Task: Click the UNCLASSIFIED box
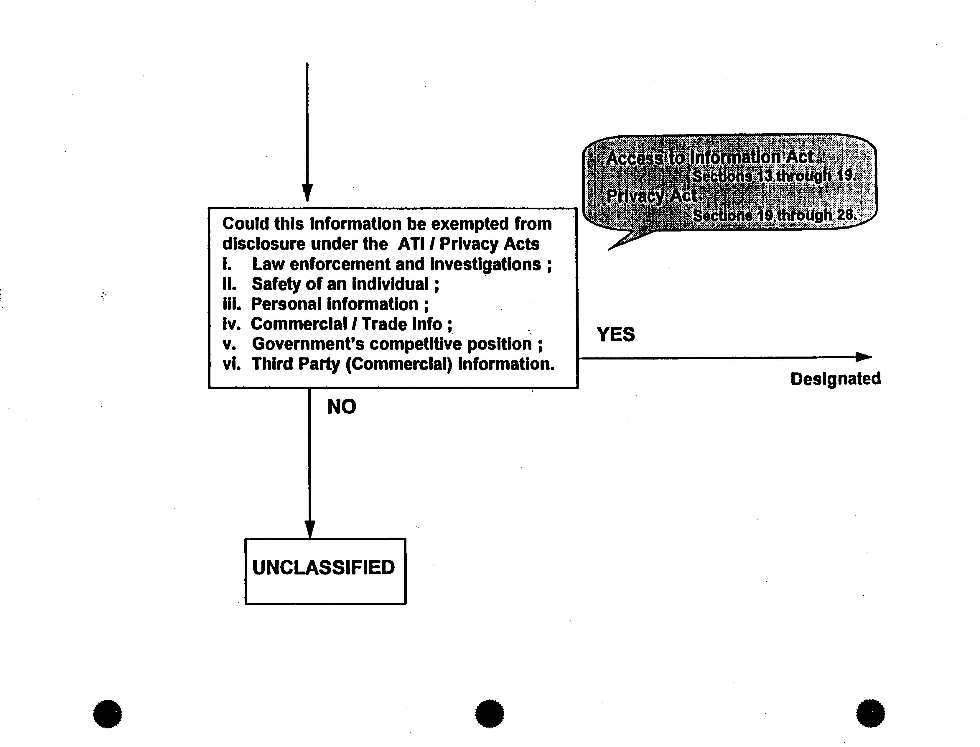click(x=325, y=571)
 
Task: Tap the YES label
click(x=615, y=334)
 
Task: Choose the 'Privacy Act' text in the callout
click(x=652, y=196)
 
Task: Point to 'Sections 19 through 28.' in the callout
click(x=774, y=215)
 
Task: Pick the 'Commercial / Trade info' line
click(x=351, y=324)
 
